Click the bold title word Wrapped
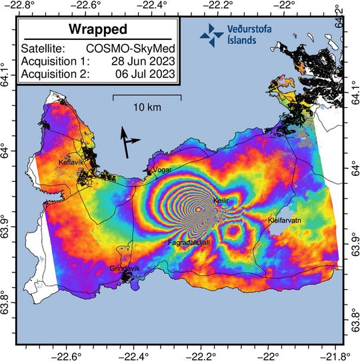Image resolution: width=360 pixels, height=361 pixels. click(97, 31)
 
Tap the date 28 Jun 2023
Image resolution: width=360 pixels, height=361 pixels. click(145, 61)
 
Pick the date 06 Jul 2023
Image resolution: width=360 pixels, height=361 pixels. click(145, 74)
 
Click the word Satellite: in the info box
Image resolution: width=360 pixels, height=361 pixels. click(44, 49)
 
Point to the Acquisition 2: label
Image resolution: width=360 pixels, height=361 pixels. click(56, 74)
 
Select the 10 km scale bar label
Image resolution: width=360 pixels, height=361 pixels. click(147, 107)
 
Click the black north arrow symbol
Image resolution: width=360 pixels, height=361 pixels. click(127, 143)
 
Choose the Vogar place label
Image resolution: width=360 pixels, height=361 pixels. click(163, 170)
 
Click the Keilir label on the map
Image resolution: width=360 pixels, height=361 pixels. click(221, 200)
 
